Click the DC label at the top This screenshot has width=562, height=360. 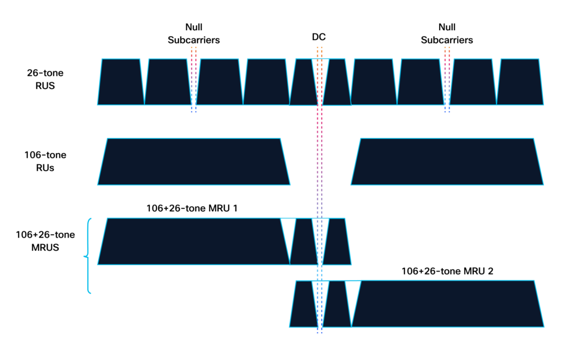(x=319, y=37)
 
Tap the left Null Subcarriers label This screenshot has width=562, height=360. (x=194, y=33)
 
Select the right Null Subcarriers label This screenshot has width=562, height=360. (x=447, y=33)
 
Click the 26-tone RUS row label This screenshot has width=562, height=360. (x=45, y=79)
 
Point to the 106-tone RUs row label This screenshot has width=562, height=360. (x=45, y=161)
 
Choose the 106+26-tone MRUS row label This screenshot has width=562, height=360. (x=45, y=241)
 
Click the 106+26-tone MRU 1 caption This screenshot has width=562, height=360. (x=192, y=209)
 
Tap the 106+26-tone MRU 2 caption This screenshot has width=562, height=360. (x=447, y=271)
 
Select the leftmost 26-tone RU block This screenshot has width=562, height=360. (x=121, y=82)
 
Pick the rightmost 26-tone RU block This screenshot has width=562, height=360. (x=520, y=82)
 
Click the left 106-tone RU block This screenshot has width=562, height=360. (x=194, y=162)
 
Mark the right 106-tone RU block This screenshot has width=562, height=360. (x=447, y=162)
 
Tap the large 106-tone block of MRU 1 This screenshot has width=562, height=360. (x=194, y=241)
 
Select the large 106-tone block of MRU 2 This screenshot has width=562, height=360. (x=448, y=303)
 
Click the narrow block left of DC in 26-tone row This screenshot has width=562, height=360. (x=304, y=82)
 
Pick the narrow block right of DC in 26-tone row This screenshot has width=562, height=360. (x=337, y=82)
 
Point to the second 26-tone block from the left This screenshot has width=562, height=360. (x=168, y=82)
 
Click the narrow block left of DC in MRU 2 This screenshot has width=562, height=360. (x=304, y=304)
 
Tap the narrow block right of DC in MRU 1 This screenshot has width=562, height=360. (x=337, y=241)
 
